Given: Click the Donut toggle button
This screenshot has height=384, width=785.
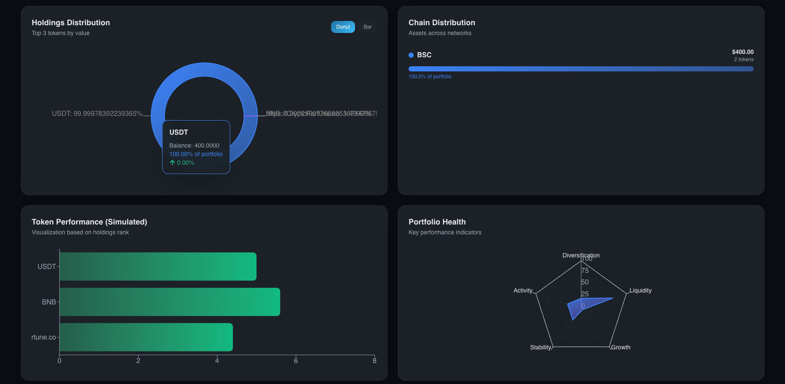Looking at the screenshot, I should pyautogui.click(x=343, y=27).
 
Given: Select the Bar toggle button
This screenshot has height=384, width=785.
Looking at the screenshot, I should pyautogui.click(x=367, y=27).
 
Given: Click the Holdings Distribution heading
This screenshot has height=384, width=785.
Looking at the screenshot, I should pyautogui.click(x=71, y=23).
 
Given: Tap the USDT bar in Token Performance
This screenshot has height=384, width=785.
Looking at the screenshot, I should pyautogui.click(x=158, y=266).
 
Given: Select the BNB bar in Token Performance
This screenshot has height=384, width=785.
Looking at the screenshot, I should pyautogui.click(x=170, y=302).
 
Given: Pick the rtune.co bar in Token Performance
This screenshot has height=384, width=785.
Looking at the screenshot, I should pyautogui.click(x=146, y=337).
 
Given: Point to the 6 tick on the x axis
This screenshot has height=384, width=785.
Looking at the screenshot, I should pyautogui.click(x=295, y=360).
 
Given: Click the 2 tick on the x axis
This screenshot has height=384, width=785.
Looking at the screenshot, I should pyautogui.click(x=138, y=360).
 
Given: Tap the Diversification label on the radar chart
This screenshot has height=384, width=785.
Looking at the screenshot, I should pyautogui.click(x=581, y=255).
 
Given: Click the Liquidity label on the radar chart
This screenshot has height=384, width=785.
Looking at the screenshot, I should pyautogui.click(x=640, y=290).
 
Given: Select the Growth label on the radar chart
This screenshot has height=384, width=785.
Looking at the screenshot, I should pyautogui.click(x=621, y=347).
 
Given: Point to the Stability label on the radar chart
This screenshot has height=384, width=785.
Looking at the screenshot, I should pyautogui.click(x=540, y=347).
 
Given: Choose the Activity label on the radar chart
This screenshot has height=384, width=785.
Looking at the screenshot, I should pyautogui.click(x=523, y=290).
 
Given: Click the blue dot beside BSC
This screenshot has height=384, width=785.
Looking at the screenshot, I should pyautogui.click(x=411, y=55).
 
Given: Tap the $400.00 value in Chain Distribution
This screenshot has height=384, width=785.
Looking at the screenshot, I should pyautogui.click(x=743, y=52).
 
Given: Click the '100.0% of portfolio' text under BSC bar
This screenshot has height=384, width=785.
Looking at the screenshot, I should pyautogui.click(x=430, y=77).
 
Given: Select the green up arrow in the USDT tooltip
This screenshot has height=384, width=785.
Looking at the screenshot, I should pyautogui.click(x=172, y=162).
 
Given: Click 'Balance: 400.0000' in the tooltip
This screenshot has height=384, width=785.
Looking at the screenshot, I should pyautogui.click(x=194, y=145).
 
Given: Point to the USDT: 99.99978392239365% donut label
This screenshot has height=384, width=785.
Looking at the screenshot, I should pyautogui.click(x=97, y=114).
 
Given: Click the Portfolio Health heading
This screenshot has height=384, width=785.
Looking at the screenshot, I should pyautogui.click(x=437, y=222).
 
